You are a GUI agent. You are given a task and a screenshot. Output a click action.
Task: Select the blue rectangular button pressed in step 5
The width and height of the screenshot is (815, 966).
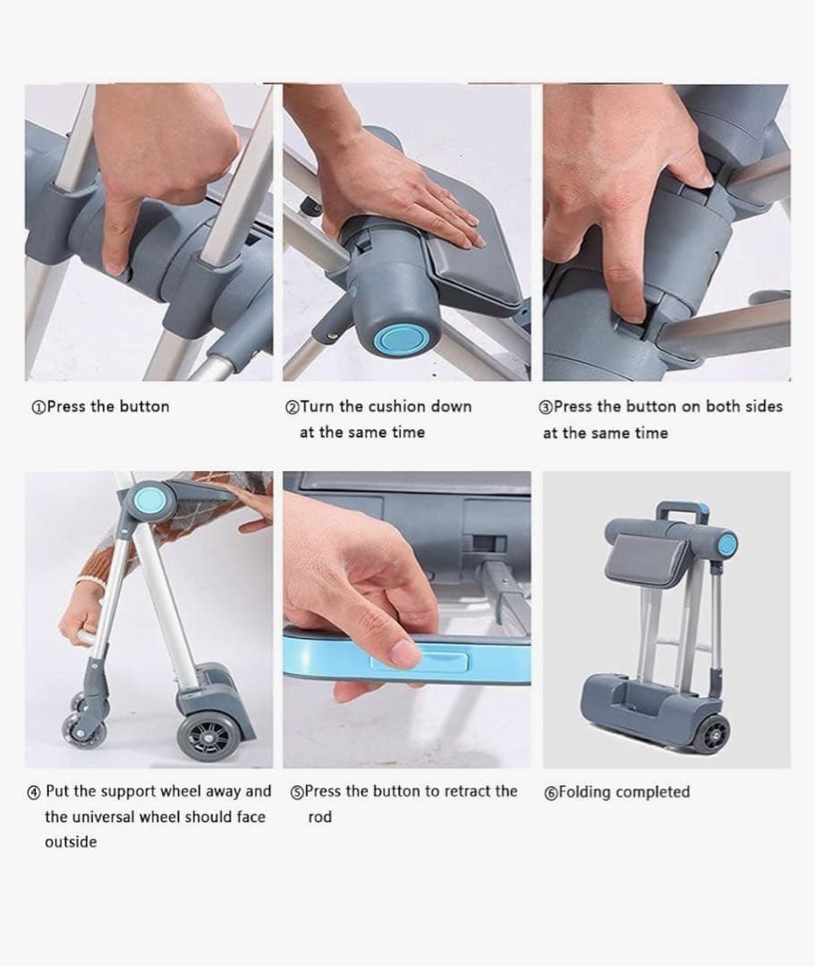[419, 660]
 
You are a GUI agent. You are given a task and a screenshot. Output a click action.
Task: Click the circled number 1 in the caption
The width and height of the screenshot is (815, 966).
[38, 407]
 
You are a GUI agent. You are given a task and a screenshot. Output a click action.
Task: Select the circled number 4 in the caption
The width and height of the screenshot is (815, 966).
[34, 792]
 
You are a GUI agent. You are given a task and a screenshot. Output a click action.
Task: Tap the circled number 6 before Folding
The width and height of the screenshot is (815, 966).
[551, 792]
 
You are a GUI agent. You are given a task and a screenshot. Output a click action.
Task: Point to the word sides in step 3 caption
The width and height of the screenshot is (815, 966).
[761, 407]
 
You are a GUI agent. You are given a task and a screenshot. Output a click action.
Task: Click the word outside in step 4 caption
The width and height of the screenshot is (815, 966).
[70, 842]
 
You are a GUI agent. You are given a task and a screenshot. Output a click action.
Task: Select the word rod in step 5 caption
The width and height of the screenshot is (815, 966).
[319, 817]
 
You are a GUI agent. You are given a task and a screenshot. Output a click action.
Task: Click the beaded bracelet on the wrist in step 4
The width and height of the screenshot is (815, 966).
[90, 580]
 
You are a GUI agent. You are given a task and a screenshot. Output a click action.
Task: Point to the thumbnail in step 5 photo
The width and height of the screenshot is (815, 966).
[406, 652]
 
